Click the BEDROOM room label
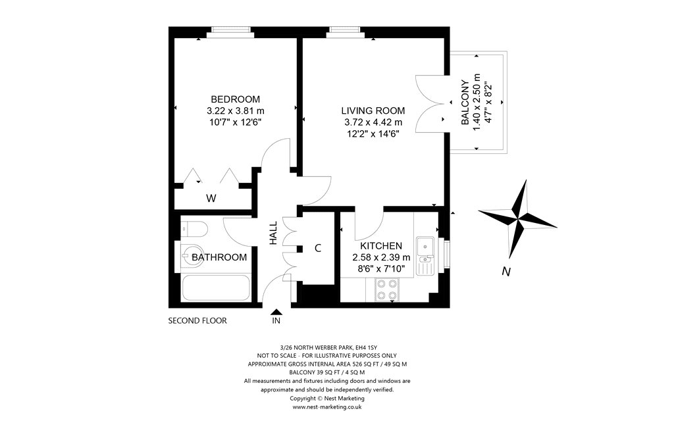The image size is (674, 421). click(235, 99)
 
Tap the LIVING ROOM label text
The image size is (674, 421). click(373, 111)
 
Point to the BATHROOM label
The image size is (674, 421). click(219, 257)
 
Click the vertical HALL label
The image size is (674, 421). click(273, 234)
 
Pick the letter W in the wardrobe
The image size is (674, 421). click(211, 198)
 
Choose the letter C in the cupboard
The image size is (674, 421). click(317, 248)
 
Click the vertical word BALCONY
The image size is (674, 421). click(465, 103)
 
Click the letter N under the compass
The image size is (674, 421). click(505, 272)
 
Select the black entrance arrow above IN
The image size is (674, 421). click(276, 312)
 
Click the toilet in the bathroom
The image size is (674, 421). click(194, 229)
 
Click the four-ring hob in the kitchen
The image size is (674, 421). click(386, 290)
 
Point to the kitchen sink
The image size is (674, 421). click(427, 247)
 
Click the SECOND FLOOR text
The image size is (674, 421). click(197, 321)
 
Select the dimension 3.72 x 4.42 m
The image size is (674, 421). click(373, 122)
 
